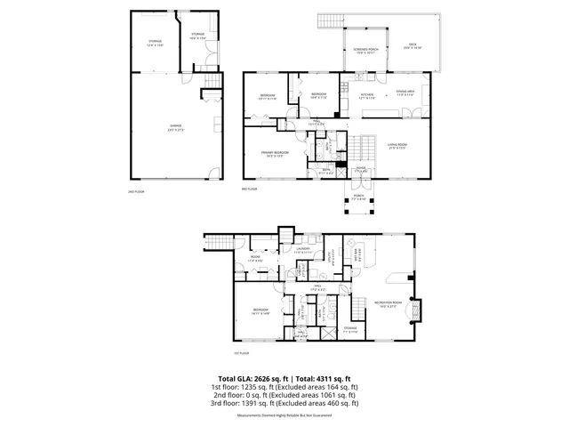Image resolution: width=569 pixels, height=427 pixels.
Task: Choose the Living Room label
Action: (x=397, y=146)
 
